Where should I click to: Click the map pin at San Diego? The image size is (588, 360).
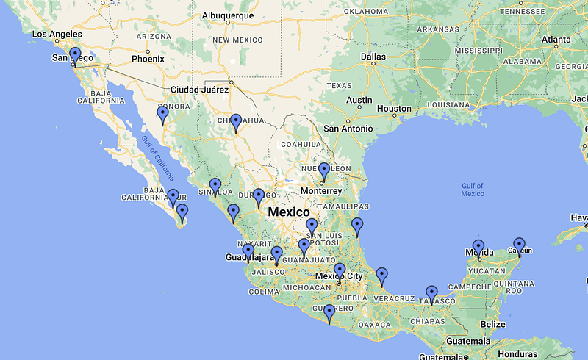(74, 56)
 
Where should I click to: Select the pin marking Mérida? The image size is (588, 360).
(478, 248)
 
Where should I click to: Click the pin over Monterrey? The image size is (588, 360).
(323, 172)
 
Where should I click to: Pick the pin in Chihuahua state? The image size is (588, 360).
(235, 122)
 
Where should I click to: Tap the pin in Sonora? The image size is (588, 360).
(163, 115)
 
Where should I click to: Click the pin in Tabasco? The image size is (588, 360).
(431, 294)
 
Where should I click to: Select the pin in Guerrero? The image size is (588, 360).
(329, 313)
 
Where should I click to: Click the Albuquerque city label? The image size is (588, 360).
(228, 15)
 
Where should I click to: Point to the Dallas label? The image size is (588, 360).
(373, 56)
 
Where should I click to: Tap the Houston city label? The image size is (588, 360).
(393, 109)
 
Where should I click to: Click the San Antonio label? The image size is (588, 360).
(348, 128)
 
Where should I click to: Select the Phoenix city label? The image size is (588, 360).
(148, 58)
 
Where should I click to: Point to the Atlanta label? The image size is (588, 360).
(556, 40)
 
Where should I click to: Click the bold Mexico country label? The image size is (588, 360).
(289, 212)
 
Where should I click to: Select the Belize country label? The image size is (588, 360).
(490, 324)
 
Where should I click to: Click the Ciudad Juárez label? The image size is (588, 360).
(199, 90)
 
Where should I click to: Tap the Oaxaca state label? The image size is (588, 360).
(374, 324)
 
